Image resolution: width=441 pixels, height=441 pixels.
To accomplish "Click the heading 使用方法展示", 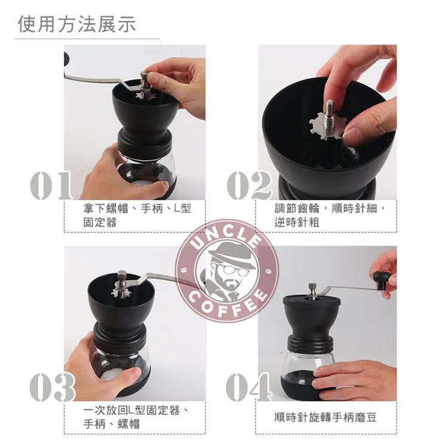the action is point(77,24).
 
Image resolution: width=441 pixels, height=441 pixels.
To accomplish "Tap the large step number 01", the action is point(51,185).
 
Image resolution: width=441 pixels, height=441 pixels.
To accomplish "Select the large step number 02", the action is point(249,185).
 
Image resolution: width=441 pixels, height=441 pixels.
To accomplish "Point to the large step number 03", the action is point(52,386).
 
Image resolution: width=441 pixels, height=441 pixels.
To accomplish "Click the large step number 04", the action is point(249,386).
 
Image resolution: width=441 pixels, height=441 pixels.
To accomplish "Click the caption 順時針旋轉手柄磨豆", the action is point(325,417).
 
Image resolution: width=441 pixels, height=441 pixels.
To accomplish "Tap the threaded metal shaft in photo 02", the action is point(330,114).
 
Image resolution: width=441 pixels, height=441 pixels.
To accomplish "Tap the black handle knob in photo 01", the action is point(67,58).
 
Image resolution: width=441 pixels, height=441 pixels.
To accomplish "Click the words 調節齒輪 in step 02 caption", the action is point(297,209).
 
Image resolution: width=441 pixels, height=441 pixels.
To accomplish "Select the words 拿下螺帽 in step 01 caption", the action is point(105,209).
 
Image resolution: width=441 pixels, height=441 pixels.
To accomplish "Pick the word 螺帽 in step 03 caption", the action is point(129,424).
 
